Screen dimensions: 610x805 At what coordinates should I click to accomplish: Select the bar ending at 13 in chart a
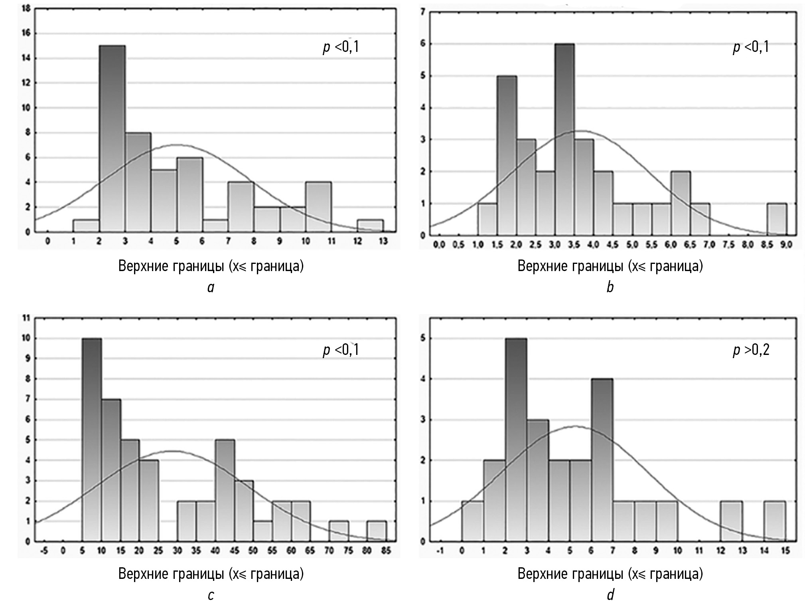[370, 226]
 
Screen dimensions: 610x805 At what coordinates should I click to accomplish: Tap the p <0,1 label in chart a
[341, 48]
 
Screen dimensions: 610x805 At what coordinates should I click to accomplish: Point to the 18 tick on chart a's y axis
[26, 8]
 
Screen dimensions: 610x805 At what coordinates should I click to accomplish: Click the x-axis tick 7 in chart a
[228, 241]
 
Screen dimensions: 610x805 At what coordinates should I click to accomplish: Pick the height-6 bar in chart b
[564, 139]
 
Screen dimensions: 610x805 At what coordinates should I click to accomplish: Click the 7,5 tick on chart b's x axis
[728, 244]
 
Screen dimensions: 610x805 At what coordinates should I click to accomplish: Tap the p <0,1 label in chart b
[751, 48]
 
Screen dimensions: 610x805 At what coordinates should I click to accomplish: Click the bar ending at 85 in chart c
[376, 531]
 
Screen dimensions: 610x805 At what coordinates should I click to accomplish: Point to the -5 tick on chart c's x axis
[44, 551]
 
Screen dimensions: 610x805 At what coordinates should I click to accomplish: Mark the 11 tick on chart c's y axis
[27, 319]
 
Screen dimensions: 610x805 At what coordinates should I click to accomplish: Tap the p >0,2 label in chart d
[751, 350]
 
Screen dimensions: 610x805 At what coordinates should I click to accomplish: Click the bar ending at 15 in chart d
[775, 521]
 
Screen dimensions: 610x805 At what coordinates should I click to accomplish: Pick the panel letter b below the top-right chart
[610, 287]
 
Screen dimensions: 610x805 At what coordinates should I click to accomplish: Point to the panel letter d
[610, 595]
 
